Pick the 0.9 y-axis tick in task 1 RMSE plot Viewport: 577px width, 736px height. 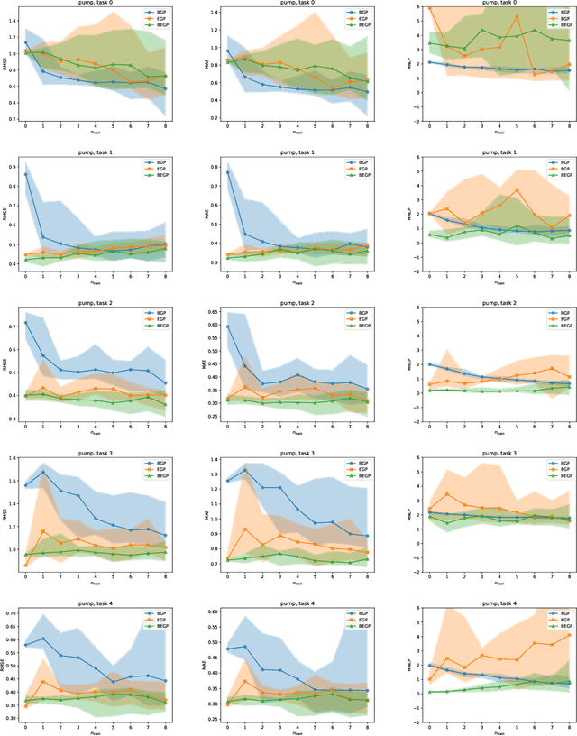click(12, 166)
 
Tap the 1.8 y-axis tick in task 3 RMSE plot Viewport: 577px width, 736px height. click(12, 458)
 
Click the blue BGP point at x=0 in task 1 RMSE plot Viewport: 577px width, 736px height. click(26, 175)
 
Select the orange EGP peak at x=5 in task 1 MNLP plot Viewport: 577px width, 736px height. click(517, 189)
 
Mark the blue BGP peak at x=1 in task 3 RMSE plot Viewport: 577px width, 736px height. click(43, 472)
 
